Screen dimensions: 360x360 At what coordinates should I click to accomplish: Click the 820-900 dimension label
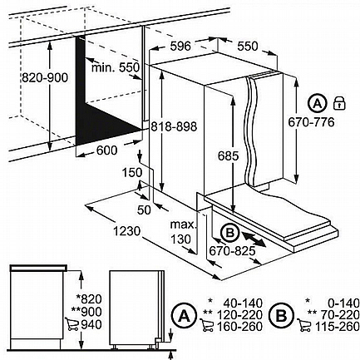(45, 78)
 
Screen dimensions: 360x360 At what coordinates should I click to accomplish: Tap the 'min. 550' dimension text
(116, 67)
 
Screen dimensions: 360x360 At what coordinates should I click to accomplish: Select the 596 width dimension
(180, 46)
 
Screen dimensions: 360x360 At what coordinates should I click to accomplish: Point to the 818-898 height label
(174, 126)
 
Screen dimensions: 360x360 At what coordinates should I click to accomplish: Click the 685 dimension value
(228, 155)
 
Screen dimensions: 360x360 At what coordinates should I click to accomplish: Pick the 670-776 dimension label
(312, 122)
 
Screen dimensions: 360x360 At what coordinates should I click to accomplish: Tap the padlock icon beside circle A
(339, 103)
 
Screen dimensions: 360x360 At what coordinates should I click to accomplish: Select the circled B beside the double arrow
(229, 233)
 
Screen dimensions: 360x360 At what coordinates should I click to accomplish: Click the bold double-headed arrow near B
(254, 239)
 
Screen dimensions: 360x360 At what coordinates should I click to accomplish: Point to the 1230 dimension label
(127, 231)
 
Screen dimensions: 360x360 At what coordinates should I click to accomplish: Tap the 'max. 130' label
(183, 232)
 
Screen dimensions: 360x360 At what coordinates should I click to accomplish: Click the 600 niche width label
(107, 150)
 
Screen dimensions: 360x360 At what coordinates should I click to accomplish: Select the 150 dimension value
(132, 173)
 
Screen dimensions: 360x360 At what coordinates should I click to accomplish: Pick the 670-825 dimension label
(232, 251)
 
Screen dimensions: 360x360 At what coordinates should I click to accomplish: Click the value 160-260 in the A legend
(239, 327)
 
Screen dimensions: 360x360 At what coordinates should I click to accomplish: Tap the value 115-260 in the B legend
(337, 327)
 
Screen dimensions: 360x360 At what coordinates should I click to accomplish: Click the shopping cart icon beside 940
(72, 324)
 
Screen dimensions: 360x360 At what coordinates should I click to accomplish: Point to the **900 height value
(86, 312)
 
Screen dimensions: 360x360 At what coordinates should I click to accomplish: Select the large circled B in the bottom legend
(281, 315)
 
